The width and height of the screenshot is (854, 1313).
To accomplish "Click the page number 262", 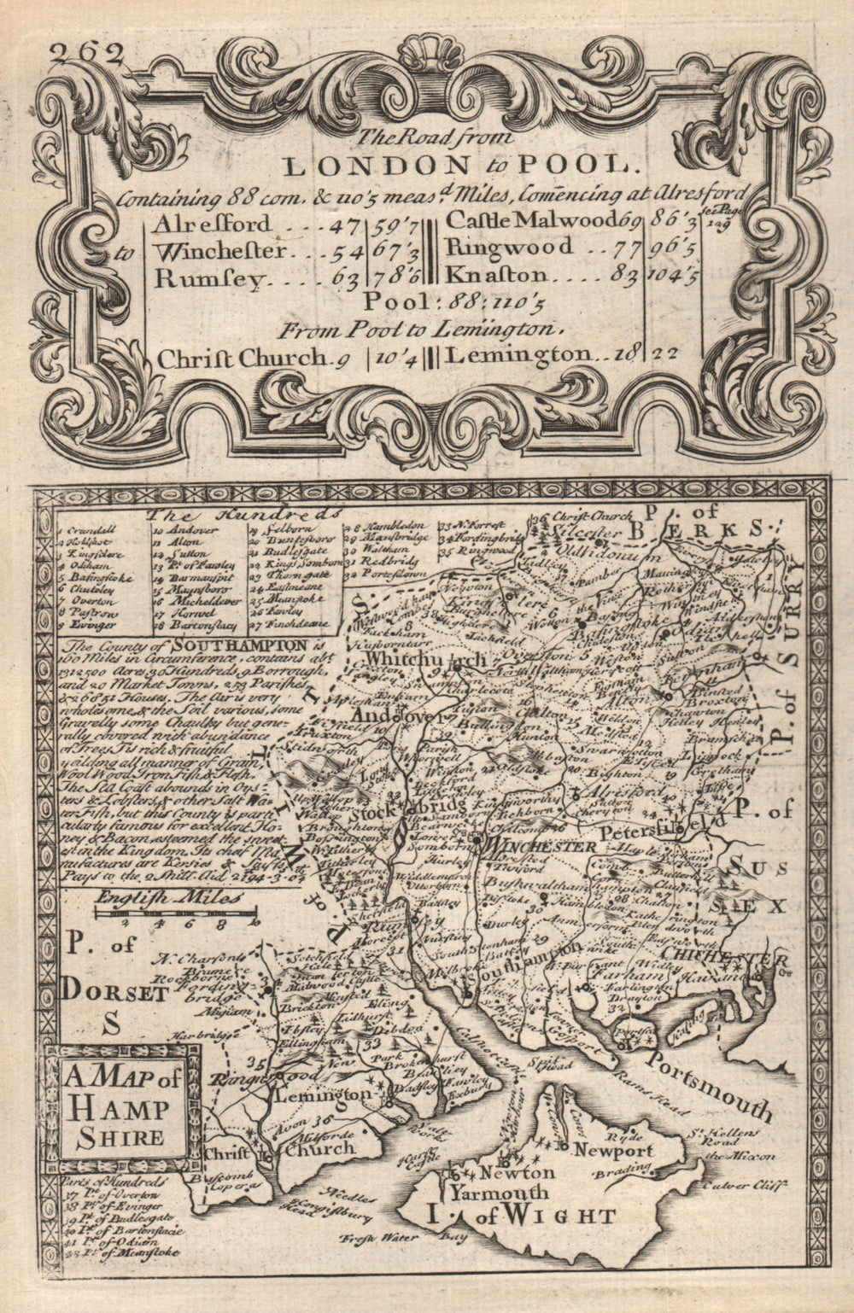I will pyautogui.click(x=86, y=54).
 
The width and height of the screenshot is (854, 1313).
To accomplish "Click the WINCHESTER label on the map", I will pyautogui.click(x=538, y=846).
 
